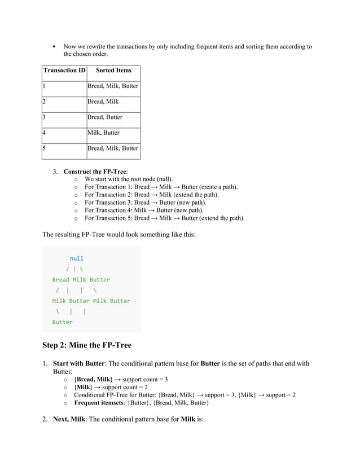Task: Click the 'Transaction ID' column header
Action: [x=64, y=71]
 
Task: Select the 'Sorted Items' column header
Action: [x=113, y=71]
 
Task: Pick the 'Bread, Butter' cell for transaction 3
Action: [x=104, y=117]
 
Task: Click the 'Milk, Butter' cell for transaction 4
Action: [x=103, y=133]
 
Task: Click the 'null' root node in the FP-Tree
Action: [x=76, y=258]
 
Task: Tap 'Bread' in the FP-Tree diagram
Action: [x=61, y=279]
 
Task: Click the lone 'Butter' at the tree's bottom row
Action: [x=62, y=322]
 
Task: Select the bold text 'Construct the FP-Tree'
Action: [x=95, y=171]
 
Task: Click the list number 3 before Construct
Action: [x=55, y=171]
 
